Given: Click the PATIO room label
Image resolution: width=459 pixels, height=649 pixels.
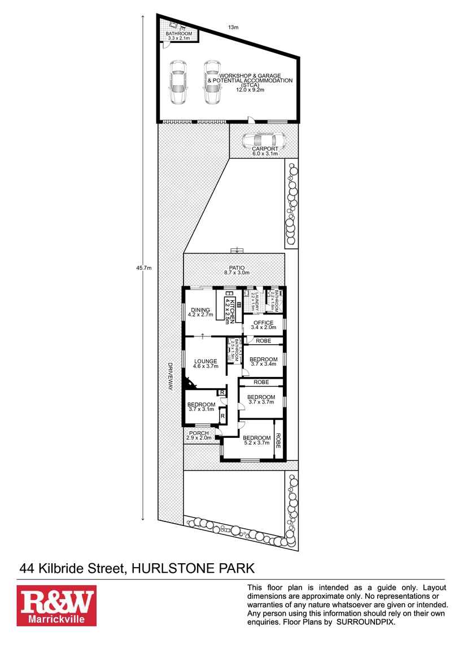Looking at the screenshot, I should coord(236,269).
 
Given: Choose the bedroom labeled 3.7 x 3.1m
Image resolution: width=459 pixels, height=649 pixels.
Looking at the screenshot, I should coord(201,407).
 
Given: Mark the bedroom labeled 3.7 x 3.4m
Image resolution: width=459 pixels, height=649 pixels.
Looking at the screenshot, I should coord(263,362).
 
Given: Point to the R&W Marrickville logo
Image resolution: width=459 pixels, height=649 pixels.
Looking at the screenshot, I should coord(56,606).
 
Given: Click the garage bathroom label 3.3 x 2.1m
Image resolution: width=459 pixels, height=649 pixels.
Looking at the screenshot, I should coord(179,36).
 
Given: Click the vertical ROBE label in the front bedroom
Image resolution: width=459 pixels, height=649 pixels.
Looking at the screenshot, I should coord(278,440).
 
